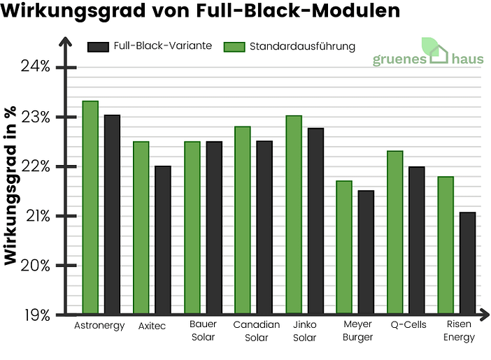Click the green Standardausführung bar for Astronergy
(90, 208)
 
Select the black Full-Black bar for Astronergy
(112, 215)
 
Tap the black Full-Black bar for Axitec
(162, 240)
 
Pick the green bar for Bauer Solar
(192, 228)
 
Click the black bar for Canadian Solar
(264, 227)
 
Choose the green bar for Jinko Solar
(293, 215)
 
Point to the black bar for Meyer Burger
(366, 252)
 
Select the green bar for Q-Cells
(394, 233)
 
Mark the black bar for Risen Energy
(467, 263)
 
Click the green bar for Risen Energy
(446, 245)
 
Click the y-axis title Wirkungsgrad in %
(10, 186)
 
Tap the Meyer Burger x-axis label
(358, 331)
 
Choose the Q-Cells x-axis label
(408, 325)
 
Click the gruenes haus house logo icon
(436, 51)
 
